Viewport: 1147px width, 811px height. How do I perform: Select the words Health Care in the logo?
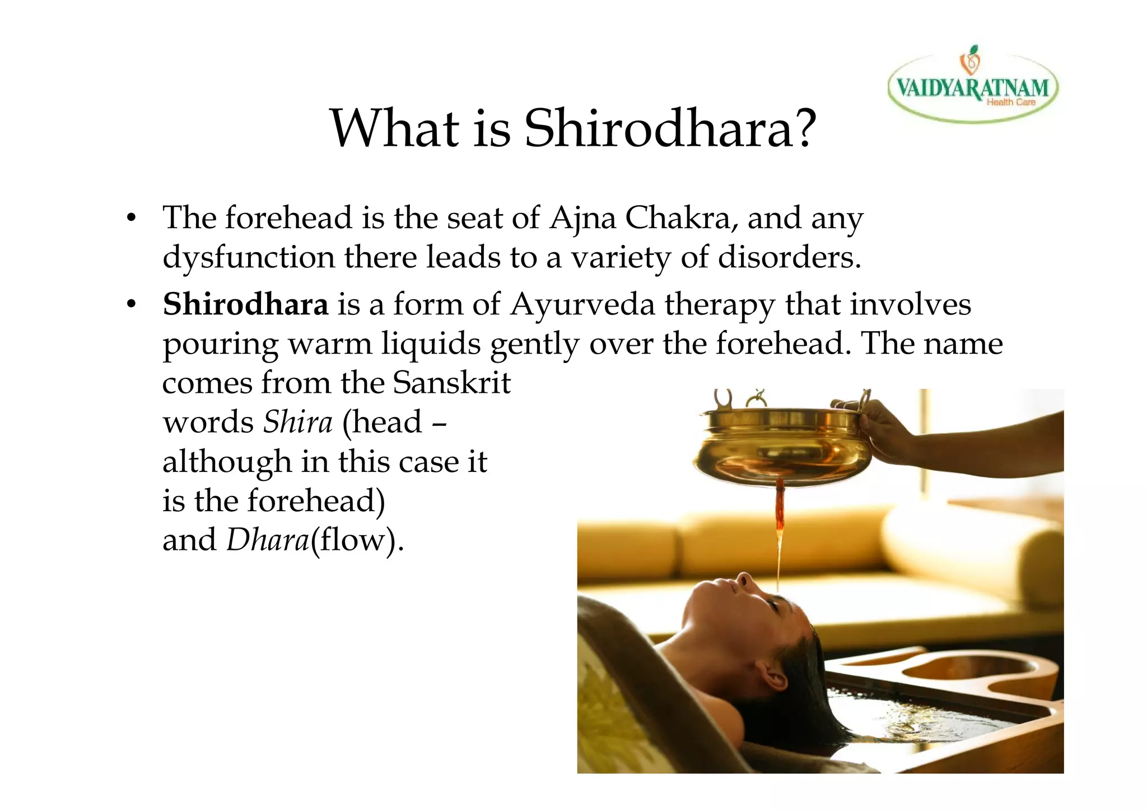pyautogui.click(x=1010, y=102)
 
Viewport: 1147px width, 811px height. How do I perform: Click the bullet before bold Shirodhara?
pyautogui.click(x=131, y=305)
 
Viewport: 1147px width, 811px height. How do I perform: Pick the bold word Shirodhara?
pyautogui.click(x=245, y=305)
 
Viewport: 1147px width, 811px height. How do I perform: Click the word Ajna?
pyautogui.click(x=582, y=219)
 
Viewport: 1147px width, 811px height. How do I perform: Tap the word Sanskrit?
pyautogui.click(x=451, y=383)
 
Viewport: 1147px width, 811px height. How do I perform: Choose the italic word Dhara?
pyautogui.click(x=268, y=540)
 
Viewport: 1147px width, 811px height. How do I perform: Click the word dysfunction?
pyautogui.click(x=248, y=258)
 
